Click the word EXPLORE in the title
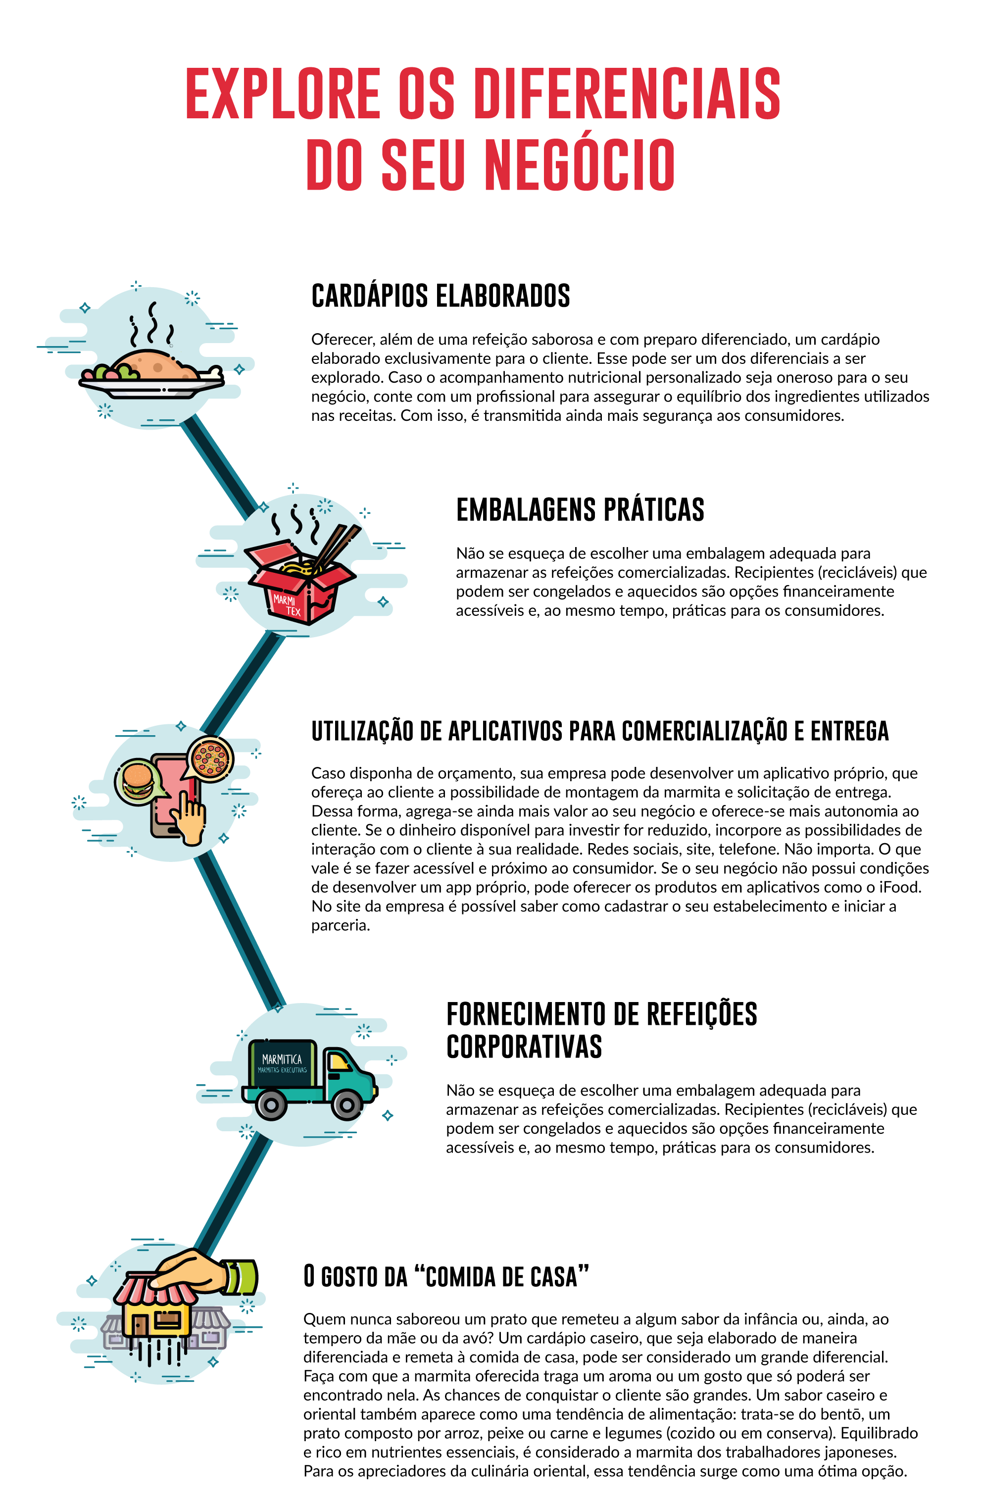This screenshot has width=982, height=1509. click(x=283, y=94)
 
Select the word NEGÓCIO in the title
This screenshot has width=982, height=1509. click(x=579, y=165)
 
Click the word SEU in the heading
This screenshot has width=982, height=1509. click(x=423, y=165)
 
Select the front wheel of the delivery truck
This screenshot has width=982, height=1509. click(x=347, y=1105)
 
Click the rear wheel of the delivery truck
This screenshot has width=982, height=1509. click(x=271, y=1105)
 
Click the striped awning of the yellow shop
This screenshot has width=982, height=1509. click(x=152, y=1290)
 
